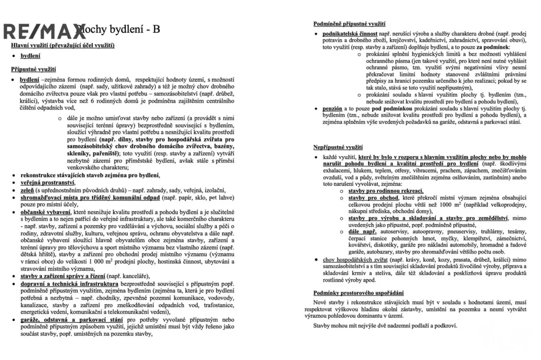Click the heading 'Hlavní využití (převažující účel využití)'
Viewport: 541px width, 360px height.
tap(63, 45)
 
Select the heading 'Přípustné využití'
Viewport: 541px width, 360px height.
tap(34, 69)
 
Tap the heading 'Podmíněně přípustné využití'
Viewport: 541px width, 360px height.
tap(349, 24)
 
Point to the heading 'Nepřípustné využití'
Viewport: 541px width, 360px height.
tap(338, 147)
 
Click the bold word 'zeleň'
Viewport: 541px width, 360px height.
tap(27, 190)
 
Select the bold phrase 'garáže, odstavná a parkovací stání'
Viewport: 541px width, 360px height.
tap(72, 320)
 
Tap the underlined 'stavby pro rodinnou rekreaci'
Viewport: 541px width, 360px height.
tap(386, 191)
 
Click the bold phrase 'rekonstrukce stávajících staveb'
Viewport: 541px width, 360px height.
tap(65, 175)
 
